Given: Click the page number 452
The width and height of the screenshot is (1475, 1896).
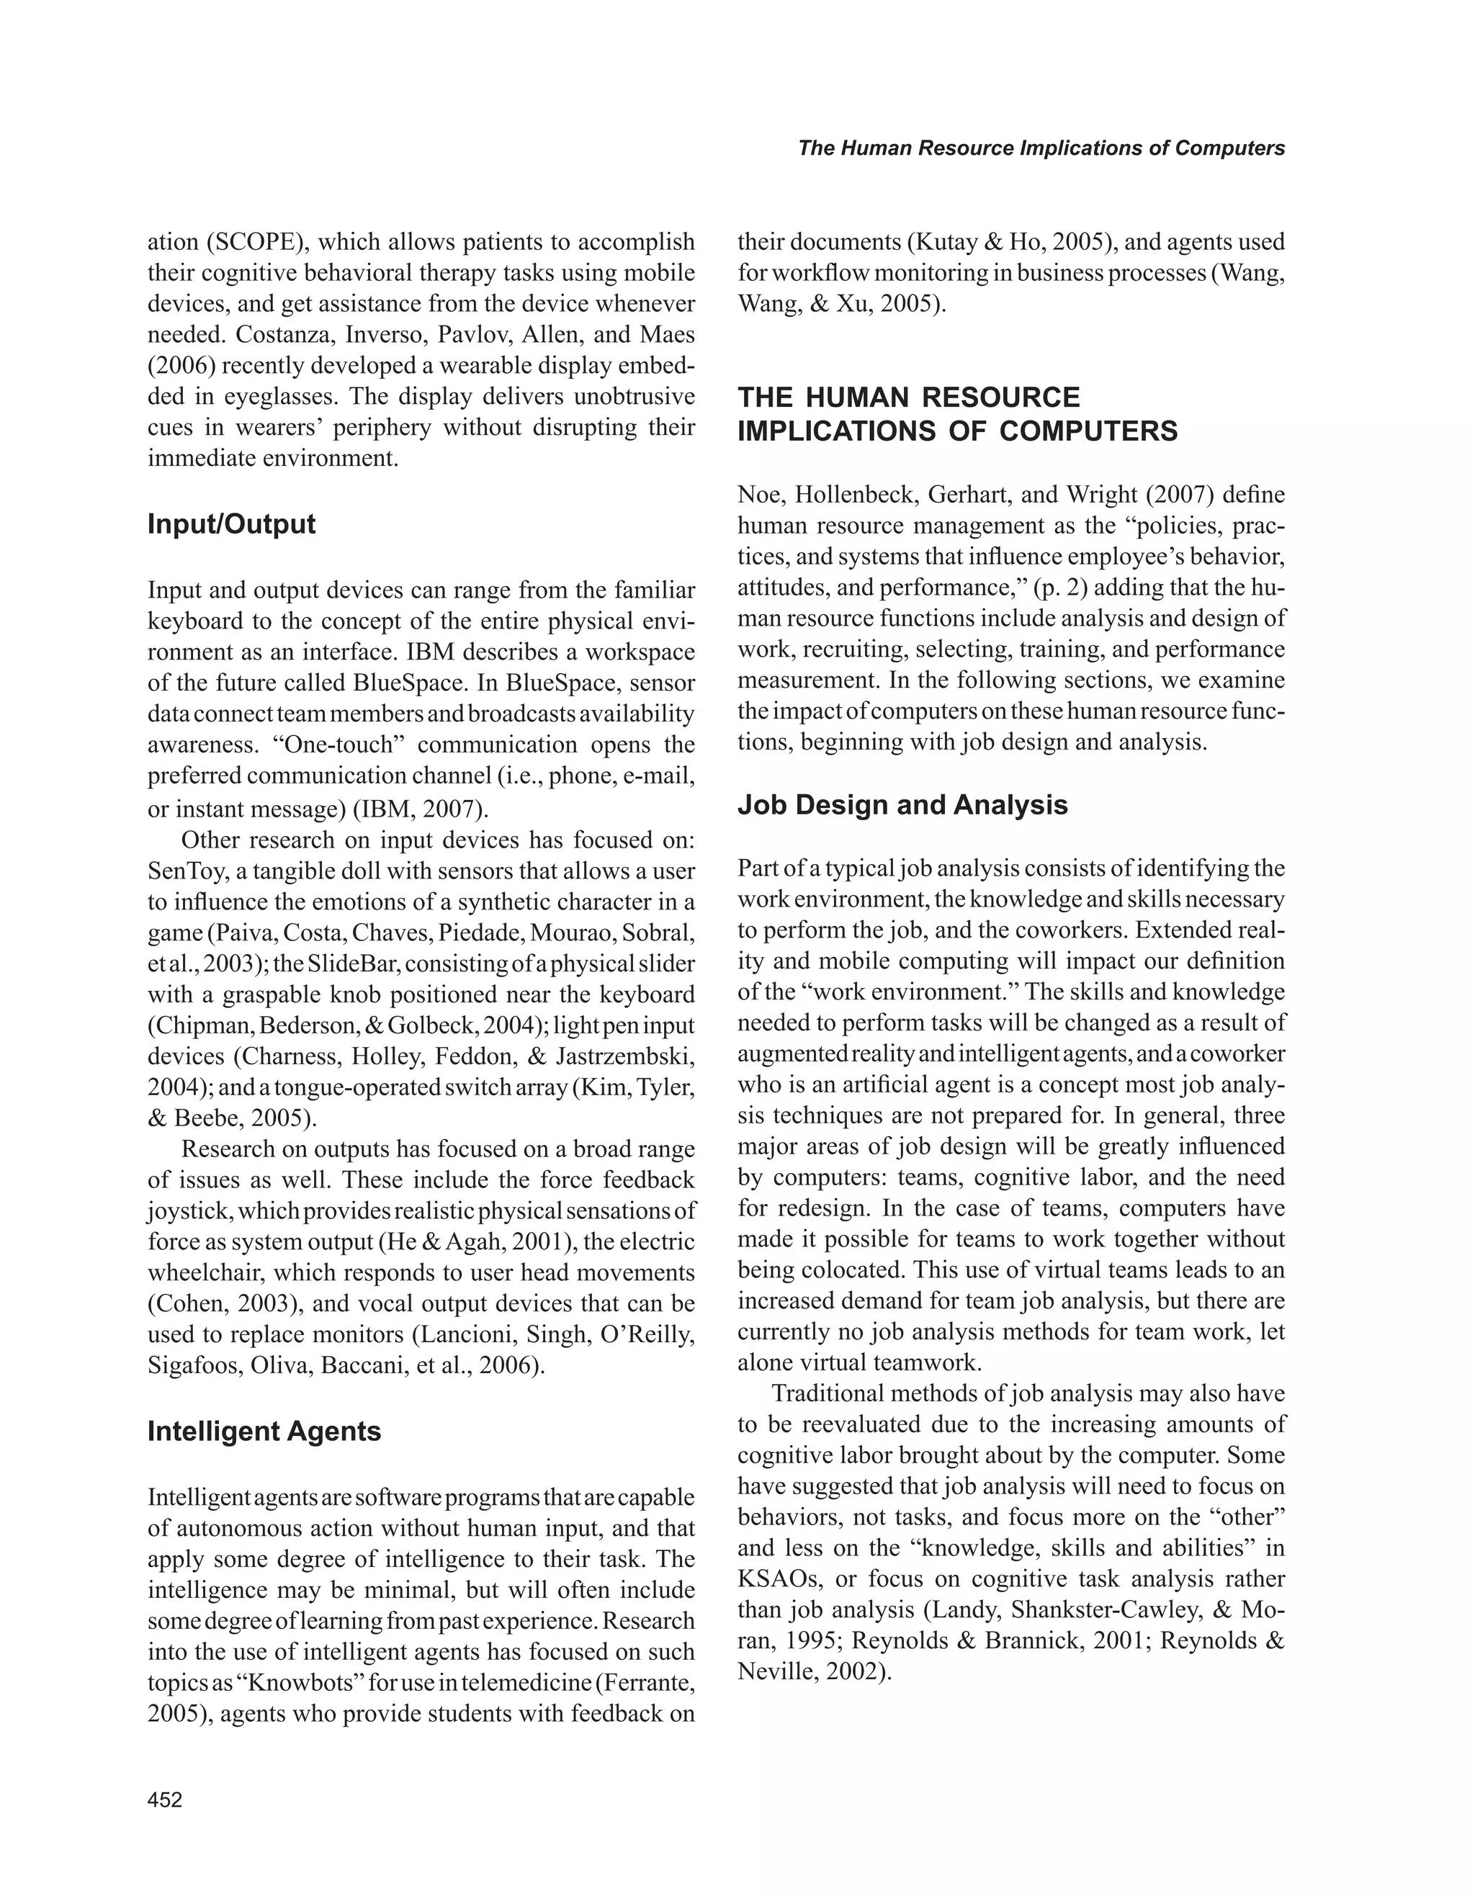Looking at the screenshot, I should click(x=165, y=1800).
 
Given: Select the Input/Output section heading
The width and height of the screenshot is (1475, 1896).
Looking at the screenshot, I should click(x=231, y=524).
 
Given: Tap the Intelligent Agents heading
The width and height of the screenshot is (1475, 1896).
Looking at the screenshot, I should click(x=264, y=1431).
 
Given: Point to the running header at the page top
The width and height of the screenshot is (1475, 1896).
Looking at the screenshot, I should click(x=1041, y=148).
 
